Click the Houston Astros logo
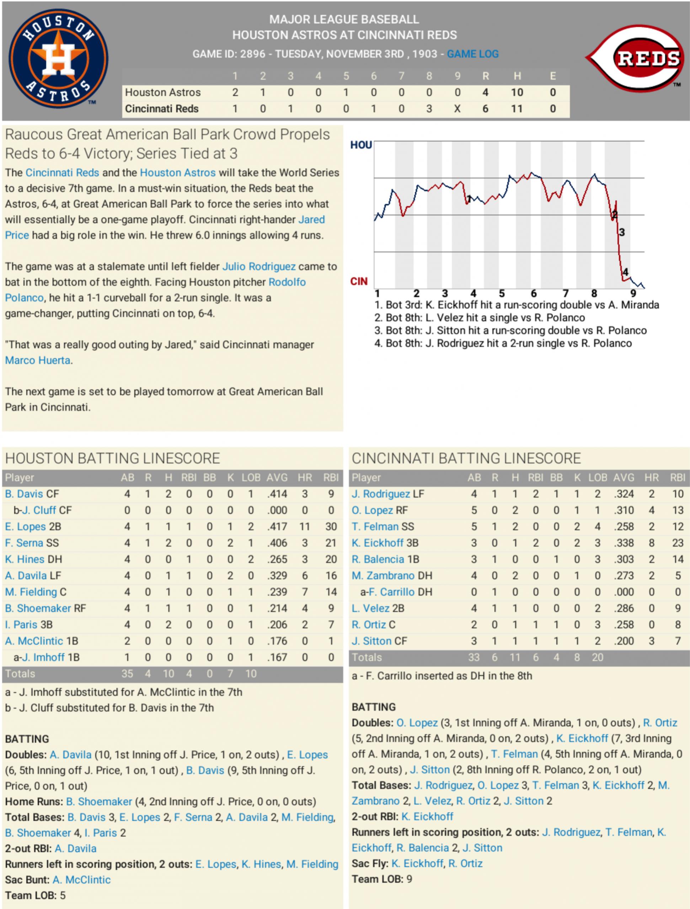(x=58, y=58)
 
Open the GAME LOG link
(x=472, y=54)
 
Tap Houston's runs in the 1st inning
(x=235, y=92)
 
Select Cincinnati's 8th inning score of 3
(x=429, y=109)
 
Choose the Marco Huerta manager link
(x=37, y=360)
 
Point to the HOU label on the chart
(x=361, y=145)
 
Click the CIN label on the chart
(x=359, y=282)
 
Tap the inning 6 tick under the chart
(x=534, y=293)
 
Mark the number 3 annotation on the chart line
(x=622, y=232)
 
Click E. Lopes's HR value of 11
(x=305, y=527)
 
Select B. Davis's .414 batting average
(x=277, y=494)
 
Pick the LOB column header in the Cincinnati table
(x=598, y=477)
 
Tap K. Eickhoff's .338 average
(x=624, y=543)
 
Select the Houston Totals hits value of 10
(x=169, y=674)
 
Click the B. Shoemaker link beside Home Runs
(x=98, y=802)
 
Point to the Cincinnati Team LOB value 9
(x=409, y=879)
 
